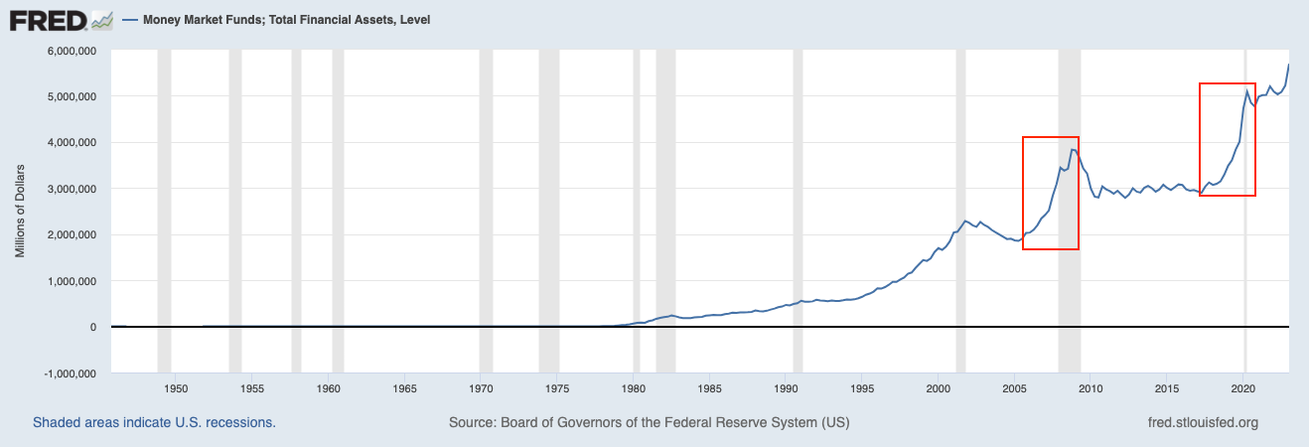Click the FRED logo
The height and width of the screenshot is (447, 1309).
coord(47,19)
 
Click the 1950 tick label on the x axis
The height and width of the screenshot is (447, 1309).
coord(175,387)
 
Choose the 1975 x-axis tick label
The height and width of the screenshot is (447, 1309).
coord(557,387)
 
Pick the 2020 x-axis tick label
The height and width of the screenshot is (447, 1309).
coord(1244,387)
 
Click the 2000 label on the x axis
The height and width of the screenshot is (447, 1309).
coord(939,387)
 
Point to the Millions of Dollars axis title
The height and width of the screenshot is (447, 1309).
coord(20,212)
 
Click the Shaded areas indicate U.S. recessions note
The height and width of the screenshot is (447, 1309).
coord(154,422)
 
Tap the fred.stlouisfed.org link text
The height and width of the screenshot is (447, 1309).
coord(1202,422)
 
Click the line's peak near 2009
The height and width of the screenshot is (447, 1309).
coord(1073,149)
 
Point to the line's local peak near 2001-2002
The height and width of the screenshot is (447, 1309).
coord(964,220)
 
